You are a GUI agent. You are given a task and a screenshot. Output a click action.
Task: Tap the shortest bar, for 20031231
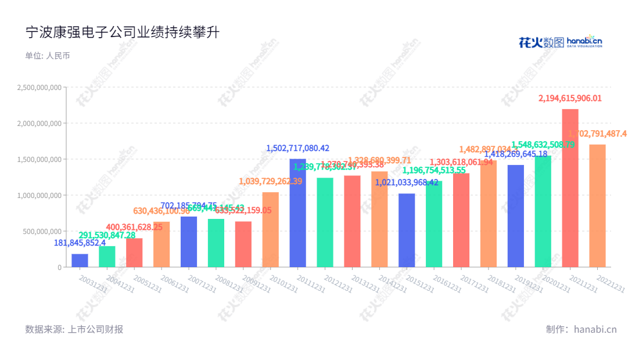tap(80, 261)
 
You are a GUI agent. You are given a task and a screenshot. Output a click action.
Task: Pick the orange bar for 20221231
tap(597, 206)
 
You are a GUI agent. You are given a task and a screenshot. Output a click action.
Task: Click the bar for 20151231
tap(407, 230)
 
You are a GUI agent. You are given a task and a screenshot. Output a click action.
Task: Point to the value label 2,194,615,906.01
tap(570, 99)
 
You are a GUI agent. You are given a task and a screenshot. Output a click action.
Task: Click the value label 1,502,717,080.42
tap(297, 148)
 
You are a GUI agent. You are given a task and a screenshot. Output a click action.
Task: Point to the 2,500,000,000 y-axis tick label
tap(40, 88)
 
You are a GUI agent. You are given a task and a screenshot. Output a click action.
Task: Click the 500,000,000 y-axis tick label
tap(43, 231)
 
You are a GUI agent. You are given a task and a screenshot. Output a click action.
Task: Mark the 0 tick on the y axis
tap(59, 267)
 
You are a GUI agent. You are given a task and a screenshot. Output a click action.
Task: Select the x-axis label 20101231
tap(282, 282)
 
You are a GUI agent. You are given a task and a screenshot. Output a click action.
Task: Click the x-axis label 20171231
tap(473, 282)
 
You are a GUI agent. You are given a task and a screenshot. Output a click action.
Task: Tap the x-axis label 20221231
tap(610, 282)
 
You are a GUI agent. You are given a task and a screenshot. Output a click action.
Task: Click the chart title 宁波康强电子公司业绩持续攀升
tap(122, 33)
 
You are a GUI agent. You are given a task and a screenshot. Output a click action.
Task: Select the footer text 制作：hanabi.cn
tap(581, 329)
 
